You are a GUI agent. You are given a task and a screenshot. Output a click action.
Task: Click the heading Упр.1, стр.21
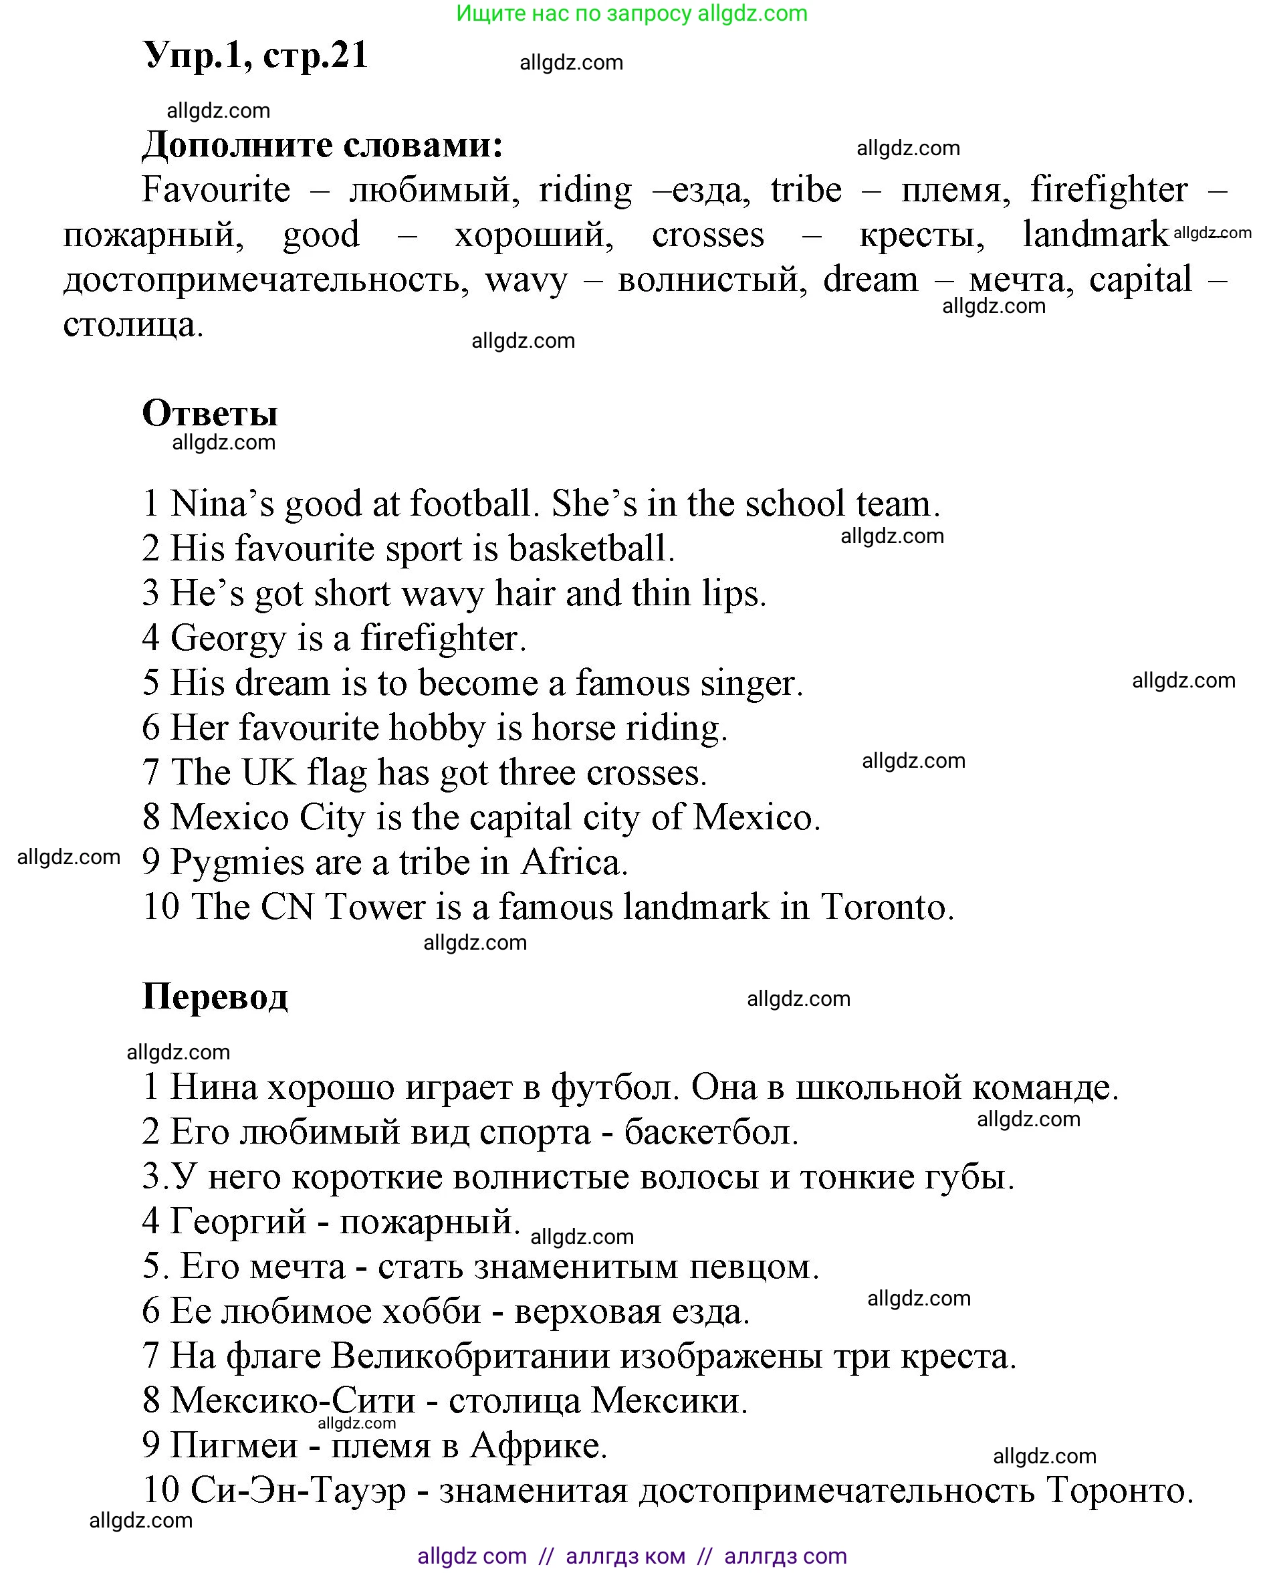(255, 55)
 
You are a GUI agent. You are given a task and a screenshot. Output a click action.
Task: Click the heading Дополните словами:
(322, 144)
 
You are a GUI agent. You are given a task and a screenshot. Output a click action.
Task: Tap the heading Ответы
(210, 414)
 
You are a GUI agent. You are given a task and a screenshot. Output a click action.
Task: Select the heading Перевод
(215, 996)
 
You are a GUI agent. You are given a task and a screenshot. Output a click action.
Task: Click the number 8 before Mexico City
(151, 818)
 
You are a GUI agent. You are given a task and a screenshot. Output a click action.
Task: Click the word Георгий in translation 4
(238, 1221)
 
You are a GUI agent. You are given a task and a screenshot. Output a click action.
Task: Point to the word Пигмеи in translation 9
(233, 1445)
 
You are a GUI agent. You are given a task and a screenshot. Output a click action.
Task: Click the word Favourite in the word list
(216, 190)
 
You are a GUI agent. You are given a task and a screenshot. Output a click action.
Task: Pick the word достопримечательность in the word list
(266, 280)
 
